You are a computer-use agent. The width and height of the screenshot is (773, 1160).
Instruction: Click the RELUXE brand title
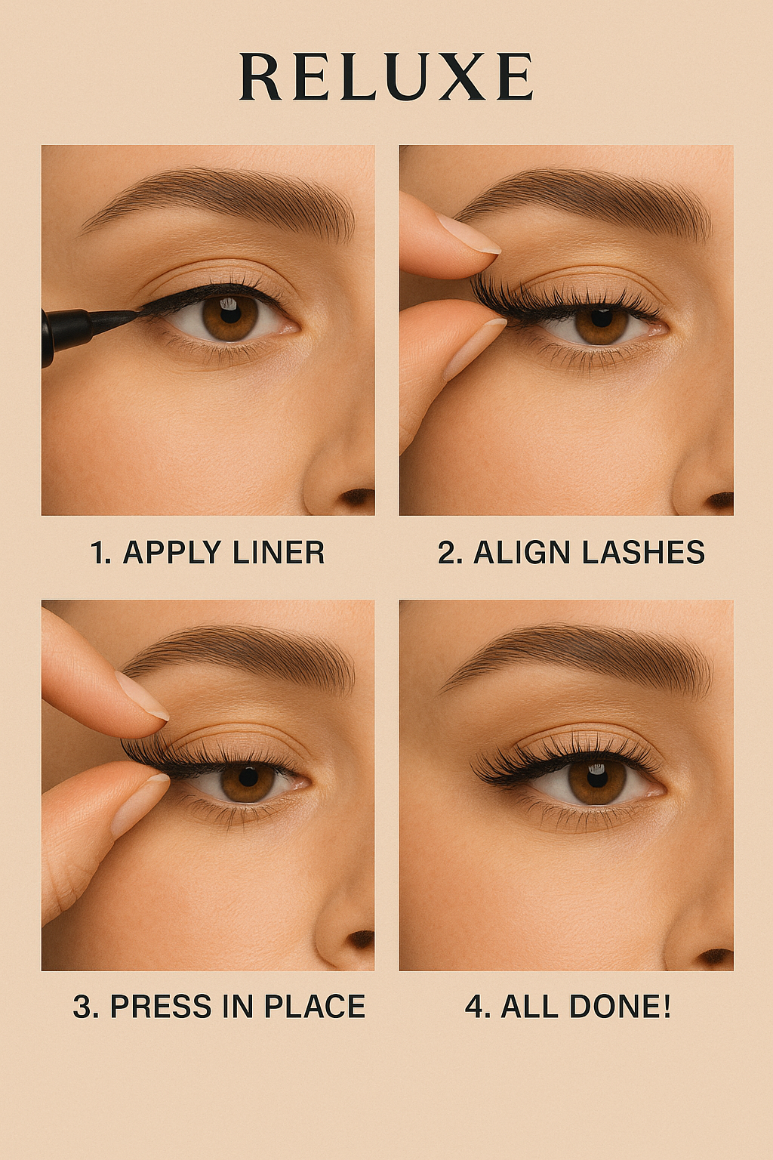point(386,76)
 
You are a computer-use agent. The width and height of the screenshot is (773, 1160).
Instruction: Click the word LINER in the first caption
point(279,552)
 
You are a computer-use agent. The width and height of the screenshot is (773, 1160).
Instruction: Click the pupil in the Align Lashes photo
point(602,316)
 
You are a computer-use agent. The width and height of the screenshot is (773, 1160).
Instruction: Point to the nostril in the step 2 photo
point(721,500)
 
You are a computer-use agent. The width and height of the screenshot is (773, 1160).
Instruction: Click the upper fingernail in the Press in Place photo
point(142,696)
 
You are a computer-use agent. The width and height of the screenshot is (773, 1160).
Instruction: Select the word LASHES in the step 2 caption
point(644,552)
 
